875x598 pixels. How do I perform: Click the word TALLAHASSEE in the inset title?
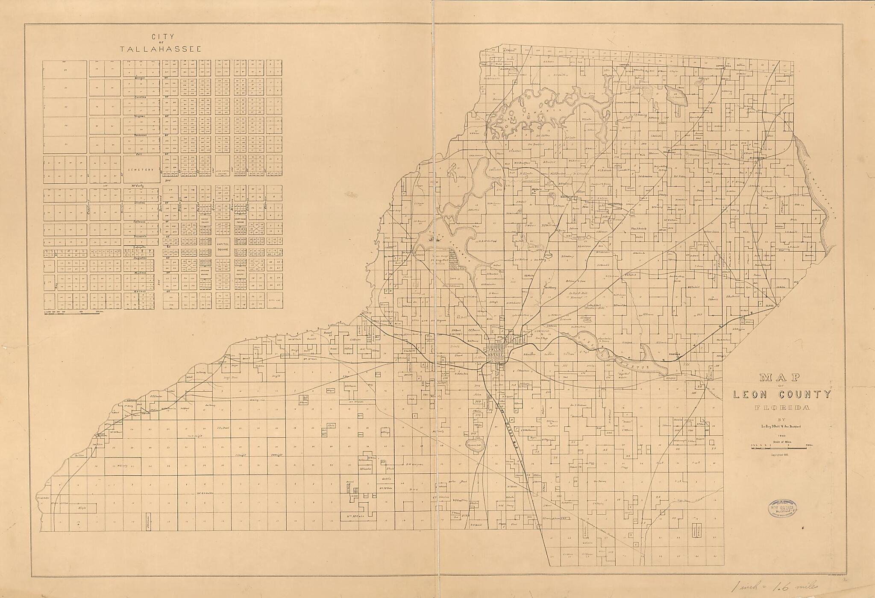point(161,49)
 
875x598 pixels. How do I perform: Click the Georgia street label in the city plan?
point(140,78)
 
